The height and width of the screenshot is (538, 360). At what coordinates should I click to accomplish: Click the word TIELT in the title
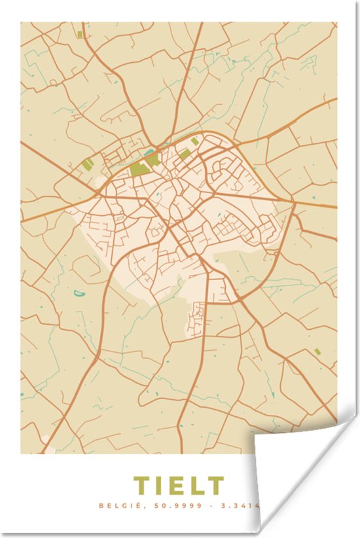pyautogui.click(x=179, y=486)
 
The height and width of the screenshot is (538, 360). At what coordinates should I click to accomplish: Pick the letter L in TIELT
pyautogui.click(x=196, y=486)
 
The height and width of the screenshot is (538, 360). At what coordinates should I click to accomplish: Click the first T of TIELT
pyautogui.click(x=141, y=486)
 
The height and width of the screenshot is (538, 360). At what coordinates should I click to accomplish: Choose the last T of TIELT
pyautogui.click(x=215, y=486)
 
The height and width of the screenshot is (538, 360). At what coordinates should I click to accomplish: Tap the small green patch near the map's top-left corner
pyautogui.click(x=79, y=35)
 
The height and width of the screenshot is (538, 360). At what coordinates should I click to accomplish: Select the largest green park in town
pyautogui.click(x=139, y=169)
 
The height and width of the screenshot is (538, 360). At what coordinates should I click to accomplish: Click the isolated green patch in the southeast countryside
pyautogui.click(x=317, y=351)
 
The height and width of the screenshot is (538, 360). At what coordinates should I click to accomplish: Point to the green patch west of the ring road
pyautogui.click(x=88, y=164)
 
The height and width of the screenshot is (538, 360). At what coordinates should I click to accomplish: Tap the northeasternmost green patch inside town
pyautogui.click(x=195, y=141)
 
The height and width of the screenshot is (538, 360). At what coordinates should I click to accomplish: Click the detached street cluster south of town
pyautogui.click(x=196, y=321)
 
